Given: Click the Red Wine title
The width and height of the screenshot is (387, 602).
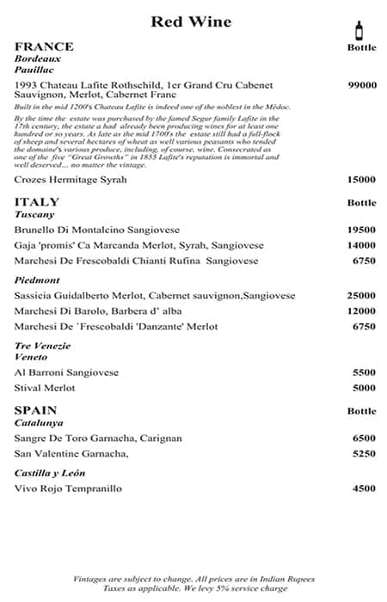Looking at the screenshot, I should click(x=190, y=21).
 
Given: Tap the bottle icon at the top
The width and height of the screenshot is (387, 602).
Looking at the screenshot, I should click(x=359, y=29).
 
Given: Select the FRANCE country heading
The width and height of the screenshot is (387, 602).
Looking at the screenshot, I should click(x=44, y=46).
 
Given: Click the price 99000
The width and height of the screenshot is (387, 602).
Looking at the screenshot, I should click(x=362, y=86).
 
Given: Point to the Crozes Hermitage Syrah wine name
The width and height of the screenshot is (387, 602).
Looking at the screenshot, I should click(x=71, y=180).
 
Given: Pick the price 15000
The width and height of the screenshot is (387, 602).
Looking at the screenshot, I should click(x=362, y=180).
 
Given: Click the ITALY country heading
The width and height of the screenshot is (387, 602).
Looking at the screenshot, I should click(x=37, y=202).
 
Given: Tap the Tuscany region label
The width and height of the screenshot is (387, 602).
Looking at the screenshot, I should click(x=34, y=214).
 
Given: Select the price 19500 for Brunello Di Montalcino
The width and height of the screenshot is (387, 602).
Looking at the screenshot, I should click(x=362, y=230).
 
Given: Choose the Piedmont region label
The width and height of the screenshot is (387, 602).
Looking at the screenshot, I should click(x=36, y=279).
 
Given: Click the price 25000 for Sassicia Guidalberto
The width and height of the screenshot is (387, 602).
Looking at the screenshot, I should click(x=362, y=295).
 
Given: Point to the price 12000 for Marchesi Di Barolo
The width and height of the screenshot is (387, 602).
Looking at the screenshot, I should click(x=362, y=310).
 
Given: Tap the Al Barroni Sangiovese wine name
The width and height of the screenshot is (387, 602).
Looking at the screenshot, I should click(x=66, y=372).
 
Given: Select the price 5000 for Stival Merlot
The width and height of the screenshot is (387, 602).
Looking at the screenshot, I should click(x=365, y=388).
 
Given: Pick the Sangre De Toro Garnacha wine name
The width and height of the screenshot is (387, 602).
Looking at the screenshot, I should click(x=98, y=438).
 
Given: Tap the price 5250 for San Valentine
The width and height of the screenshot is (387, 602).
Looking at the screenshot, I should click(x=365, y=453).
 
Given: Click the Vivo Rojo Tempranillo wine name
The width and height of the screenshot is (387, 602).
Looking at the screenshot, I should click(x=68, y=488).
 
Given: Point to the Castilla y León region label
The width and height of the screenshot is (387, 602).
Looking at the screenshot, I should click(x=55, y=473).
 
